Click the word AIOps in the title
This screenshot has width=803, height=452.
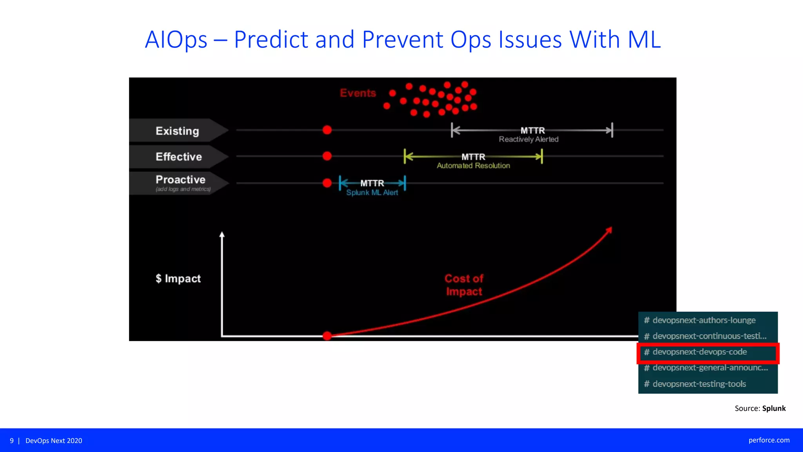coord(176,40)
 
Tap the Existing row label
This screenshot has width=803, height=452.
coord(177,131)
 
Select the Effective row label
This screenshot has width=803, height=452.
coord(179,157)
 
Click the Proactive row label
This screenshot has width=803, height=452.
coord(180,180)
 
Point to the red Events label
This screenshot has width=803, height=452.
coord(358,93)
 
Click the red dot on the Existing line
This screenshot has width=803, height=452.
coord(327,130)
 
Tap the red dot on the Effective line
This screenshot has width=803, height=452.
coord(327,156)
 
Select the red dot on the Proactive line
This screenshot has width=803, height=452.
coord(327,183)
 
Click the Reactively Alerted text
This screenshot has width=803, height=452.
coord(529,139)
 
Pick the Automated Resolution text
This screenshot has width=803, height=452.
coord(473,166)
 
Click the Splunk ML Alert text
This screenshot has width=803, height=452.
coord(372,193)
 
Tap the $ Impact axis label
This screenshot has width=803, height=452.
coord(178,279)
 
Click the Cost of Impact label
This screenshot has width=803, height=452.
coord(464,285)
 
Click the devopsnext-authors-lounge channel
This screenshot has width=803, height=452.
coord(703,320)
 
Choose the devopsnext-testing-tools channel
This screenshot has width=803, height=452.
coord(699,384)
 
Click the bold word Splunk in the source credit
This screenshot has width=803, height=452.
coord(774,408)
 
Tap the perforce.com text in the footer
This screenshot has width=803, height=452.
coord(769,440)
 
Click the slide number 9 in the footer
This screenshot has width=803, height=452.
coord(12,441)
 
